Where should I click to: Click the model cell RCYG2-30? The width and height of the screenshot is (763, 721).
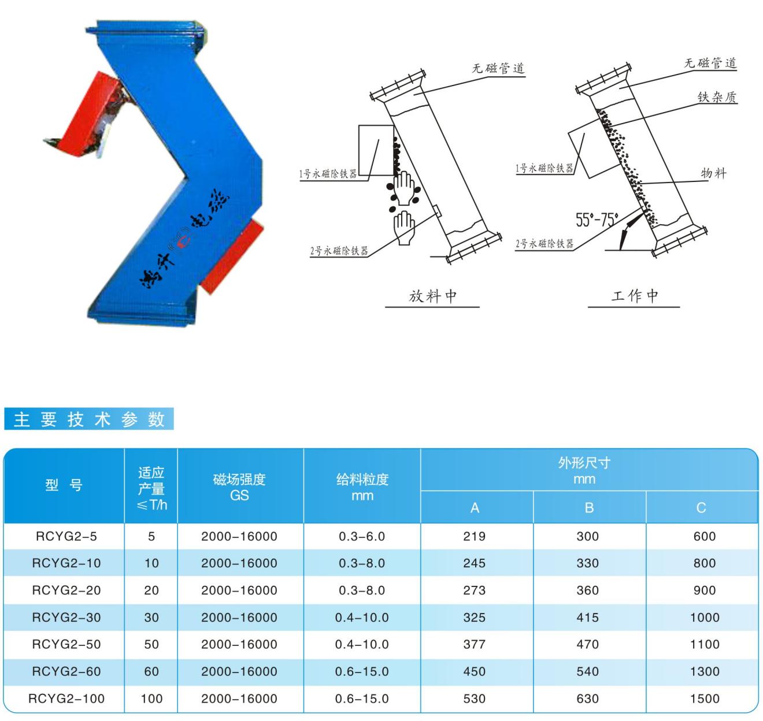coord(66,618)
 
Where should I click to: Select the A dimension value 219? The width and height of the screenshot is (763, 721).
coord(474,536)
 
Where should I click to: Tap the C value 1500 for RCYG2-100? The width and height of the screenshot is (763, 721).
coord(705,698)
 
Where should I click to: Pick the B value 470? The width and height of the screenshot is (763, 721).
coord(587,644)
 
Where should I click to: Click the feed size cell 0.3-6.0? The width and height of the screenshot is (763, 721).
coord(362,536)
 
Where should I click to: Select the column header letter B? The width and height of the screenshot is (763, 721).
coord(589,508)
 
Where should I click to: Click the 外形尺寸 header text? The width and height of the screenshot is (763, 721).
coord(584,463)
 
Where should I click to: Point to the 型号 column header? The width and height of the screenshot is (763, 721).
coord(64,485)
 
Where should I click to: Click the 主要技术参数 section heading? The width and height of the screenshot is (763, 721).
coord(89,419)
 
